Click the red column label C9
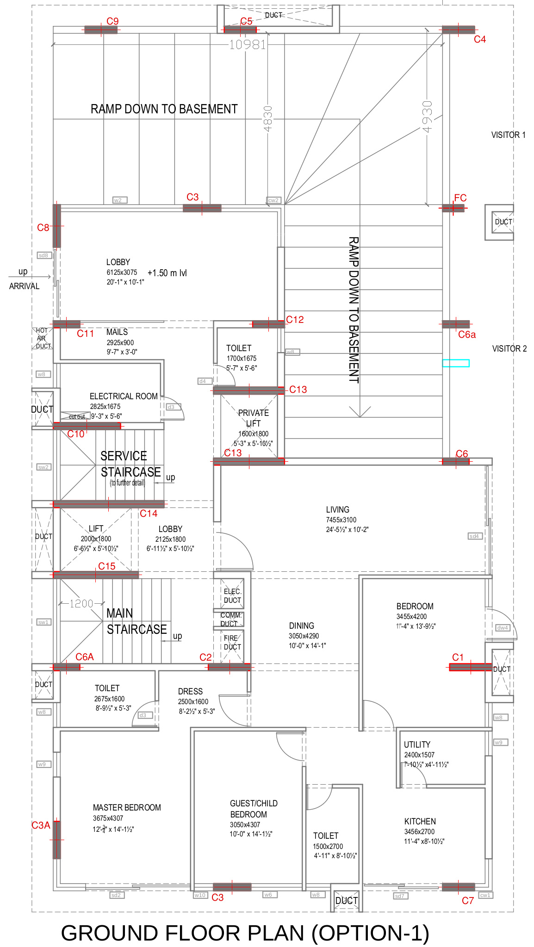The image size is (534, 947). [112, 21]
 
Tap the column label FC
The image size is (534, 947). [460, 198]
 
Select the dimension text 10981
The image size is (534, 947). [248, 45]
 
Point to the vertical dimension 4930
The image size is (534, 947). [427, 117]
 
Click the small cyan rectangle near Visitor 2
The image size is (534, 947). [456, 363]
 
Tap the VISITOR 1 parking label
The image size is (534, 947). [508, 135]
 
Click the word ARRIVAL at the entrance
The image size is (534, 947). [24, 286]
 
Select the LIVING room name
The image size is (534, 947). [337, 510]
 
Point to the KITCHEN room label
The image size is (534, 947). [420, 822]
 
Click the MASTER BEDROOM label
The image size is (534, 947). [127, 808]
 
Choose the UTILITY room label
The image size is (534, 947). [417, 745]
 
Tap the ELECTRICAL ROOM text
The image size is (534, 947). [124, 396]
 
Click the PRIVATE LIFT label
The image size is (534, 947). [253, 418]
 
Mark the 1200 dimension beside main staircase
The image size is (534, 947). [81, 604]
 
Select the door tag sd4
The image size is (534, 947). [474, 536]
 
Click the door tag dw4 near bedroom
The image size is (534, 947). [502, 628]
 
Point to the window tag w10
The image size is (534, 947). [200, 895]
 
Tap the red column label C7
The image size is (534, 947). [467, 901]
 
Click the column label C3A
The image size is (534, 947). [41, 825]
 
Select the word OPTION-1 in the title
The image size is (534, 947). [370, 933]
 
